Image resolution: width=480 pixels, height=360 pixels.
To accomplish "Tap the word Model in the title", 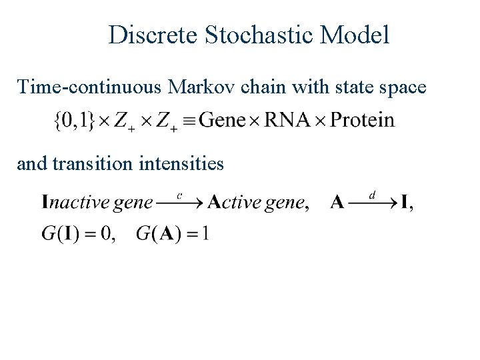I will click(355, 35).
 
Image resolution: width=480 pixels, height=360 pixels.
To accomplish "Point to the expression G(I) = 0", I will click(77, 234).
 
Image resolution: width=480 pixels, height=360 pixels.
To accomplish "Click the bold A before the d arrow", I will click(337, 203).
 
